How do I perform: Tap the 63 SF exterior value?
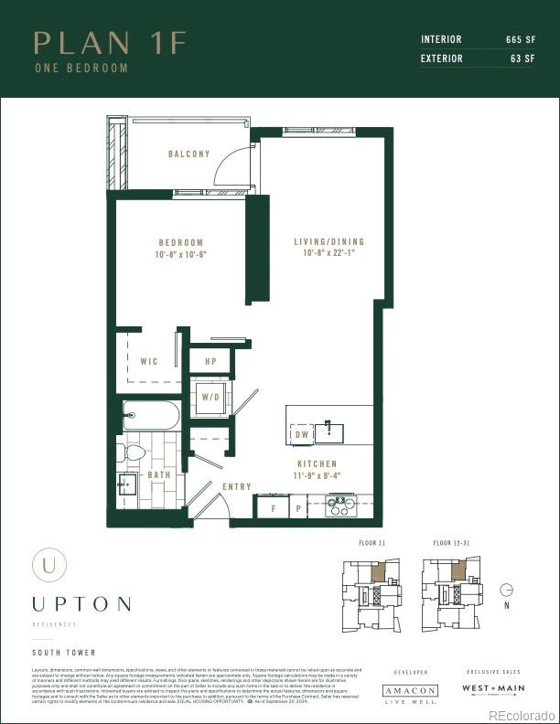coord(522,59)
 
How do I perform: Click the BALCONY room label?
coord(188,154)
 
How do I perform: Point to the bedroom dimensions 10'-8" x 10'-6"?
coord(180,255)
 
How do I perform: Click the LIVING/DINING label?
coord(328,242)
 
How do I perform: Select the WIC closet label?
coord(148,361)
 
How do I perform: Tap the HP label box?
coord(210,361)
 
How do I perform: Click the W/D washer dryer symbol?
coord(210,398)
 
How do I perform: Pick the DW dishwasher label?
coord(302,436)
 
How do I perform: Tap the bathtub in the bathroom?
coord(151,417)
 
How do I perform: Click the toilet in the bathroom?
coord(134,452)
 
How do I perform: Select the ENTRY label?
coord(237,486)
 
